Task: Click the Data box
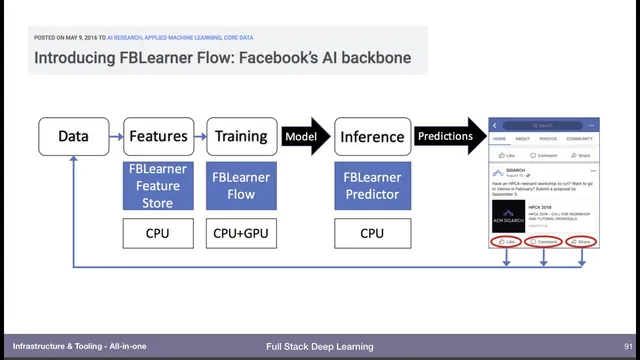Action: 73,136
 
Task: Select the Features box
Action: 157,136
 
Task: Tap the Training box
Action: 241,136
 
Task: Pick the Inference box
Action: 372,136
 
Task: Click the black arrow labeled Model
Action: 304,136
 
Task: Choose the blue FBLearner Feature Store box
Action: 157,183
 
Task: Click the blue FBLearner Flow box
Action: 241,183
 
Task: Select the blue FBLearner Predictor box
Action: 372,183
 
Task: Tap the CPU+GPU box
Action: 241,235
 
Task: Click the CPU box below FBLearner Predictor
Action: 372,235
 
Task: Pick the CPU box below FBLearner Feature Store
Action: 157,235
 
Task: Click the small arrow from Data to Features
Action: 115,136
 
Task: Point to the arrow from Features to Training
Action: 199,136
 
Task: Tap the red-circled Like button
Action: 507,242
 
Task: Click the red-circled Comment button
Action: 543,242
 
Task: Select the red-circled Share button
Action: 581,242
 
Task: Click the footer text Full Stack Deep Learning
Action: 319,346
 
